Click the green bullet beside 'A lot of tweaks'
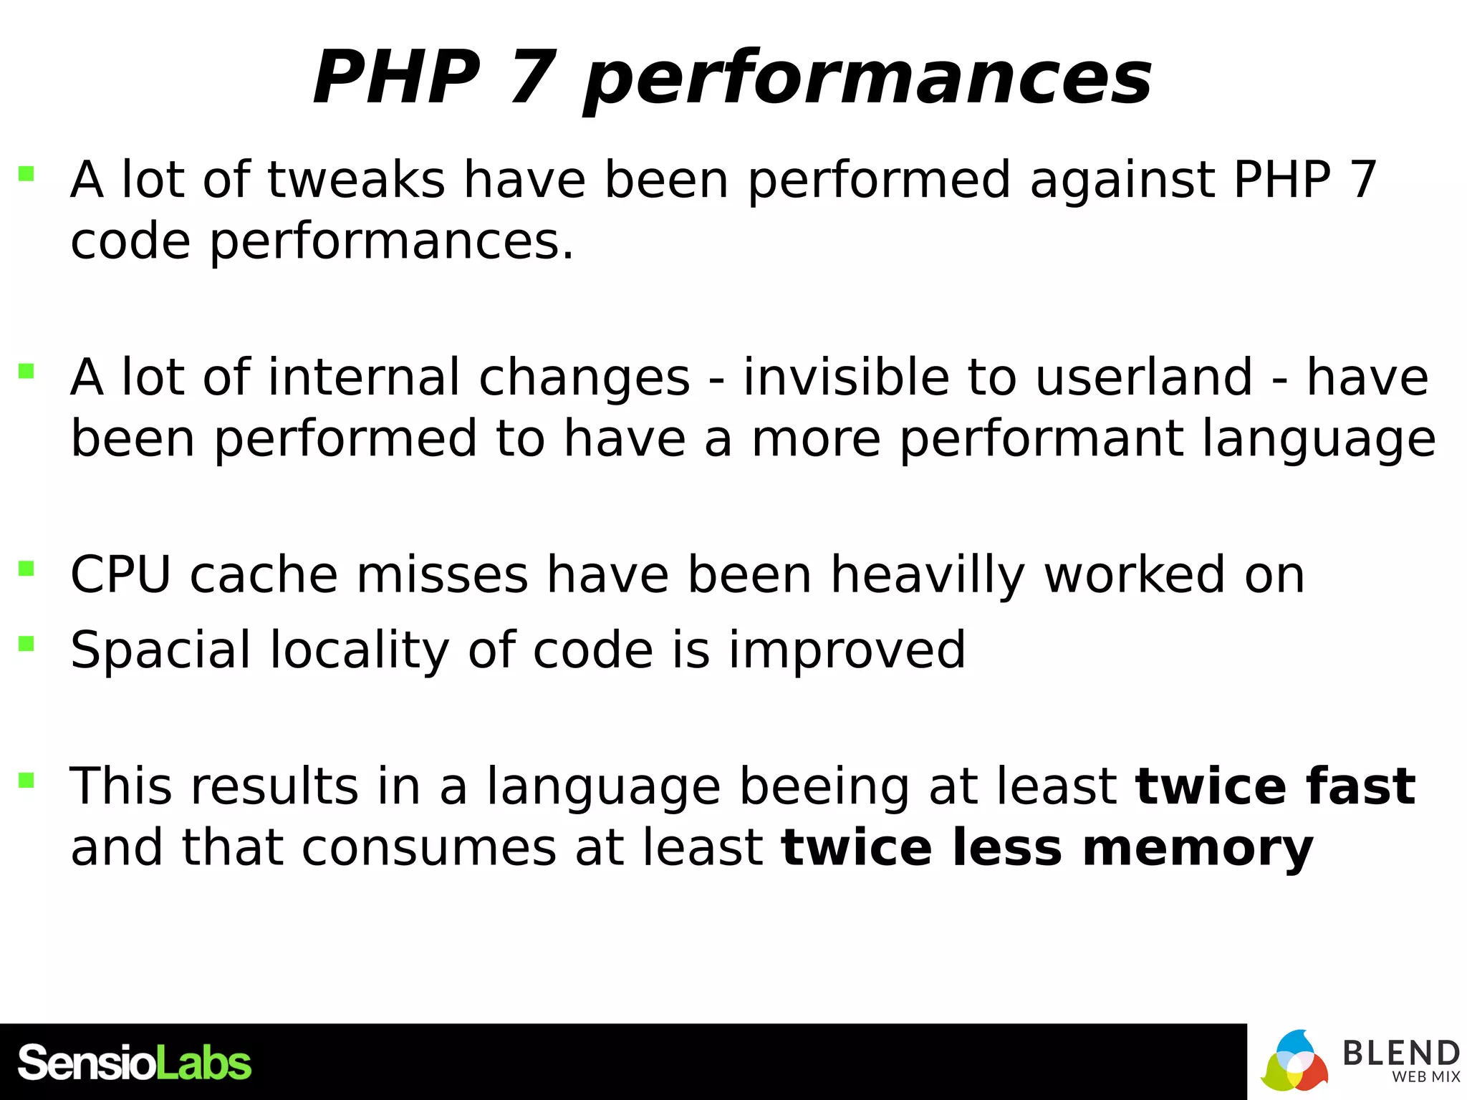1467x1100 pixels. point(27,173)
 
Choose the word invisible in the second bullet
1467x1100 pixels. point(846,377)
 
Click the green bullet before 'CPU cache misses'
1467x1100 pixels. point(27,569)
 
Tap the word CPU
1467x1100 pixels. point(120,575)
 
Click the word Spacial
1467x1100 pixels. point(160,650)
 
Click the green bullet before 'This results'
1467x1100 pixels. point(27,779)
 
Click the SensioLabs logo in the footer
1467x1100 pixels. point(134,1063)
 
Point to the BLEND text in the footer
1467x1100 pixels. point(1400,1053)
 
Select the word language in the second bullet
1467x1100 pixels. point(1319,439)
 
